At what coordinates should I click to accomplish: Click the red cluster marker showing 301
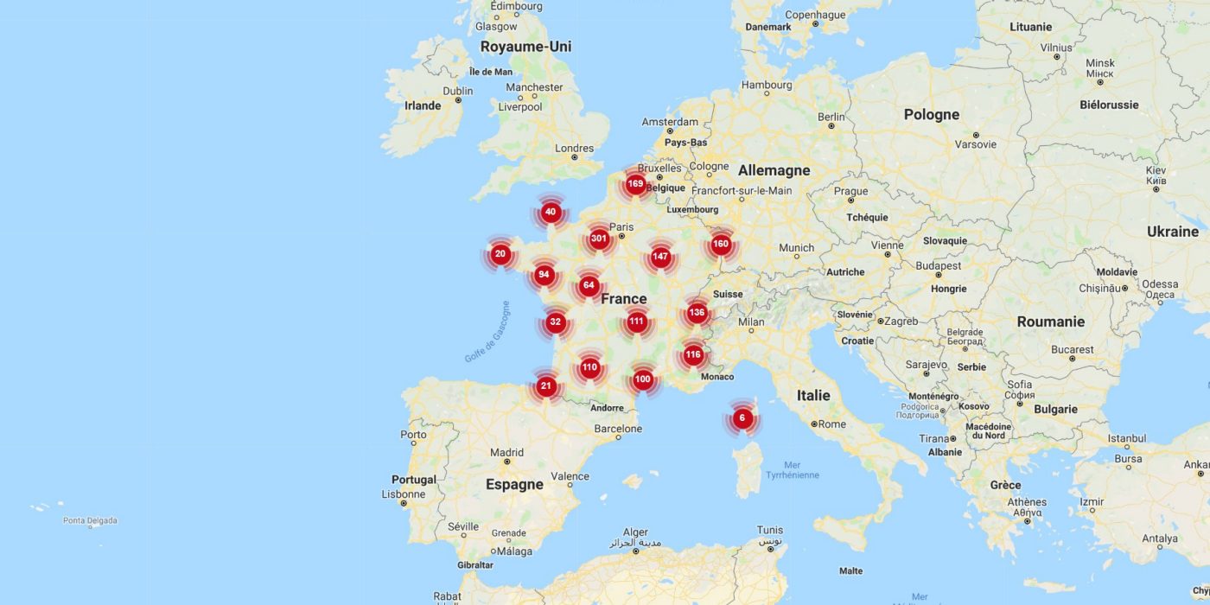click(x=599, y=239)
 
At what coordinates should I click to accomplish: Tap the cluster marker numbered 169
click(x=635, y=183)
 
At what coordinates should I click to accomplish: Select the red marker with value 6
click(x=742, y=418)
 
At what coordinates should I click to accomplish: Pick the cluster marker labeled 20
click(x=500, y=254)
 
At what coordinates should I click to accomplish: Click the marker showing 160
click(x=721, y=244)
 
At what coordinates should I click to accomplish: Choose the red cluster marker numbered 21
click(x=545, y=386)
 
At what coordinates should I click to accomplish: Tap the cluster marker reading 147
click(x=660, y=257)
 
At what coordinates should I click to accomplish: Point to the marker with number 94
click(x=544, y=275)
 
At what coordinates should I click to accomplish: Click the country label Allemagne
click(x=774, y=170)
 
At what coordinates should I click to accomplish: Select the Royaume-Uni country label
click(x=525, y=47)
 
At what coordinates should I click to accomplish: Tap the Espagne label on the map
click(x=514, y=484)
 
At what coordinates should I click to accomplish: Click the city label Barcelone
click(x=618, y=429)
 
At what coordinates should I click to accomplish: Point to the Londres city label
click(x=575, y=149)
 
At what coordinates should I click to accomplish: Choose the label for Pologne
click(x=931, y=114)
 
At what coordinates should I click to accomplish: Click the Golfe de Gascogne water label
click(x=487, y=332)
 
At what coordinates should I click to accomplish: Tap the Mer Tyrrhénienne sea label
click(x=792, y=470)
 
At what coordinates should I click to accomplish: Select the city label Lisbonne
click(x=403, y=494)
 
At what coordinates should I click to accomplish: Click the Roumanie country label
click(x=1050, y=322)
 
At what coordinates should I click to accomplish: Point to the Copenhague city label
click(x=815, y=15)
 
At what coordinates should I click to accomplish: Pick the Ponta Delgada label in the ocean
click(x=90, y=521)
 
